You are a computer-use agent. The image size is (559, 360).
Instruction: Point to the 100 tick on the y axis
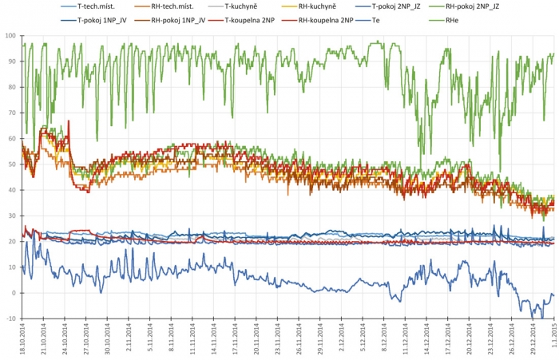coord(10,36)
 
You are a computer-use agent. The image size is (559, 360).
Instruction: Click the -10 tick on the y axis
coord(10,319)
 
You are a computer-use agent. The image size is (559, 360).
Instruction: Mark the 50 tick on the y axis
coord(12,164)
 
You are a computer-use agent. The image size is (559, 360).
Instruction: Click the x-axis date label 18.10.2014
coord(22,342)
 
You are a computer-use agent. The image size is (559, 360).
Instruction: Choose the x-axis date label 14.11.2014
coord(215,342)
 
